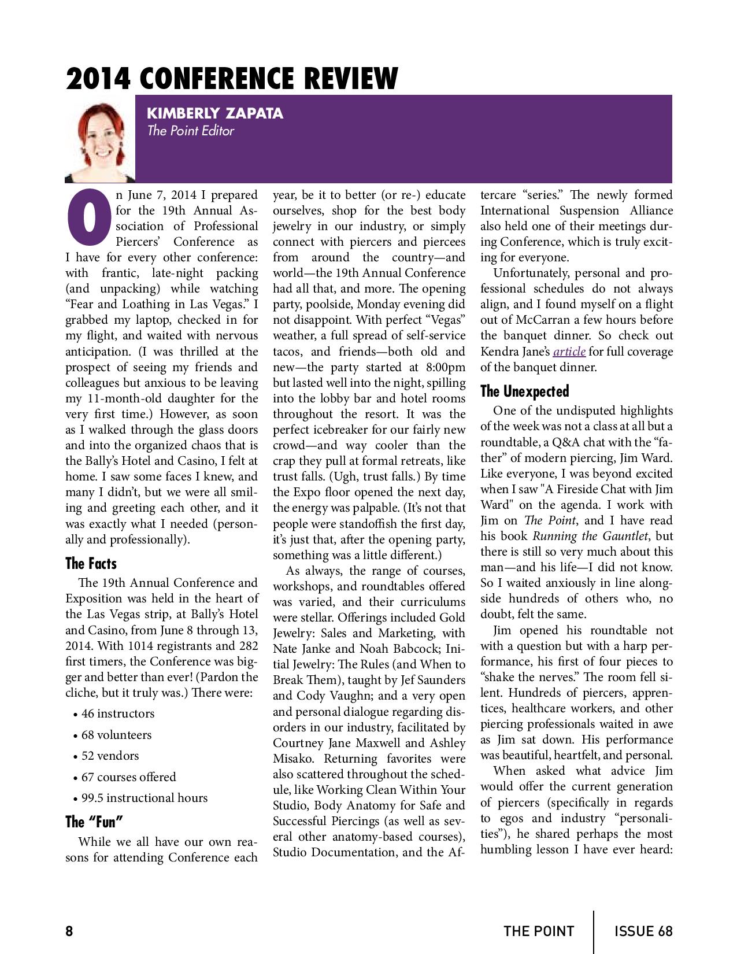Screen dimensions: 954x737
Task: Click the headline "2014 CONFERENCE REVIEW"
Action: [232, 79]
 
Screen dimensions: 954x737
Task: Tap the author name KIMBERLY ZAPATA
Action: [215, 113]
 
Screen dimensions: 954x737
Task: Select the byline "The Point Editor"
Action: [190, 131]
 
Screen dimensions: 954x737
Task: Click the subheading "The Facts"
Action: [91, 564]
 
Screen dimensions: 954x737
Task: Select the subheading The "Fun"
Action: [94, 822]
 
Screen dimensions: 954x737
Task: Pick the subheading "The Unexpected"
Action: [524, 391]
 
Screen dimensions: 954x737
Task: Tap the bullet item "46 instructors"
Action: [118, 713]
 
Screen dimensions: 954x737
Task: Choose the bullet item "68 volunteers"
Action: [116, 735]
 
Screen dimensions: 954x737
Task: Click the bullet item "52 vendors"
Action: [110, 756]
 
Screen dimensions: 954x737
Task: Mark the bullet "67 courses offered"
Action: [128, 777]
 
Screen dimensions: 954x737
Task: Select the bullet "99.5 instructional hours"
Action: [144, 798]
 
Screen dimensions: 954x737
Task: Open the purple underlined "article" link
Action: [569, 352]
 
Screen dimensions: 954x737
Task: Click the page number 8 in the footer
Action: [69, 931]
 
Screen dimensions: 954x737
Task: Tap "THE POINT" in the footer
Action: [539, 931]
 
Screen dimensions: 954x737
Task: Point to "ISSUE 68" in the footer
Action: [643, 931]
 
